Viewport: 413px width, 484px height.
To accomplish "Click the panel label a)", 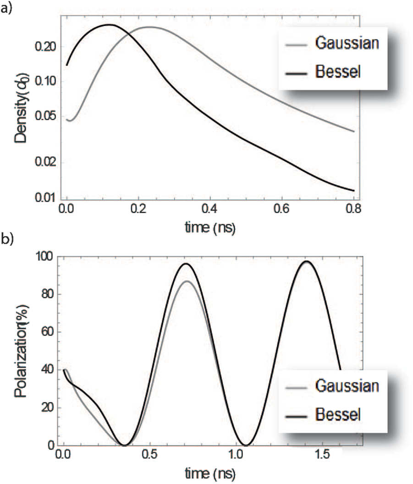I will (x=6, y=8).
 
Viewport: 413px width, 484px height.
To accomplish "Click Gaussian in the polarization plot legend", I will (x=347, y=386).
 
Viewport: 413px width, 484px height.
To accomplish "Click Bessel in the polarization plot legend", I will (x=338, y=415).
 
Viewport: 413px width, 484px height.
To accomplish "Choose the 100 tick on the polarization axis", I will (x=47, y=256).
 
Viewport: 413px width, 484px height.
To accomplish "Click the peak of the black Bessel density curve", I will (x=109, y=25).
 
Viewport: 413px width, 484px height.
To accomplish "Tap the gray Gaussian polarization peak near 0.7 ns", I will (x=187, y=281).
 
